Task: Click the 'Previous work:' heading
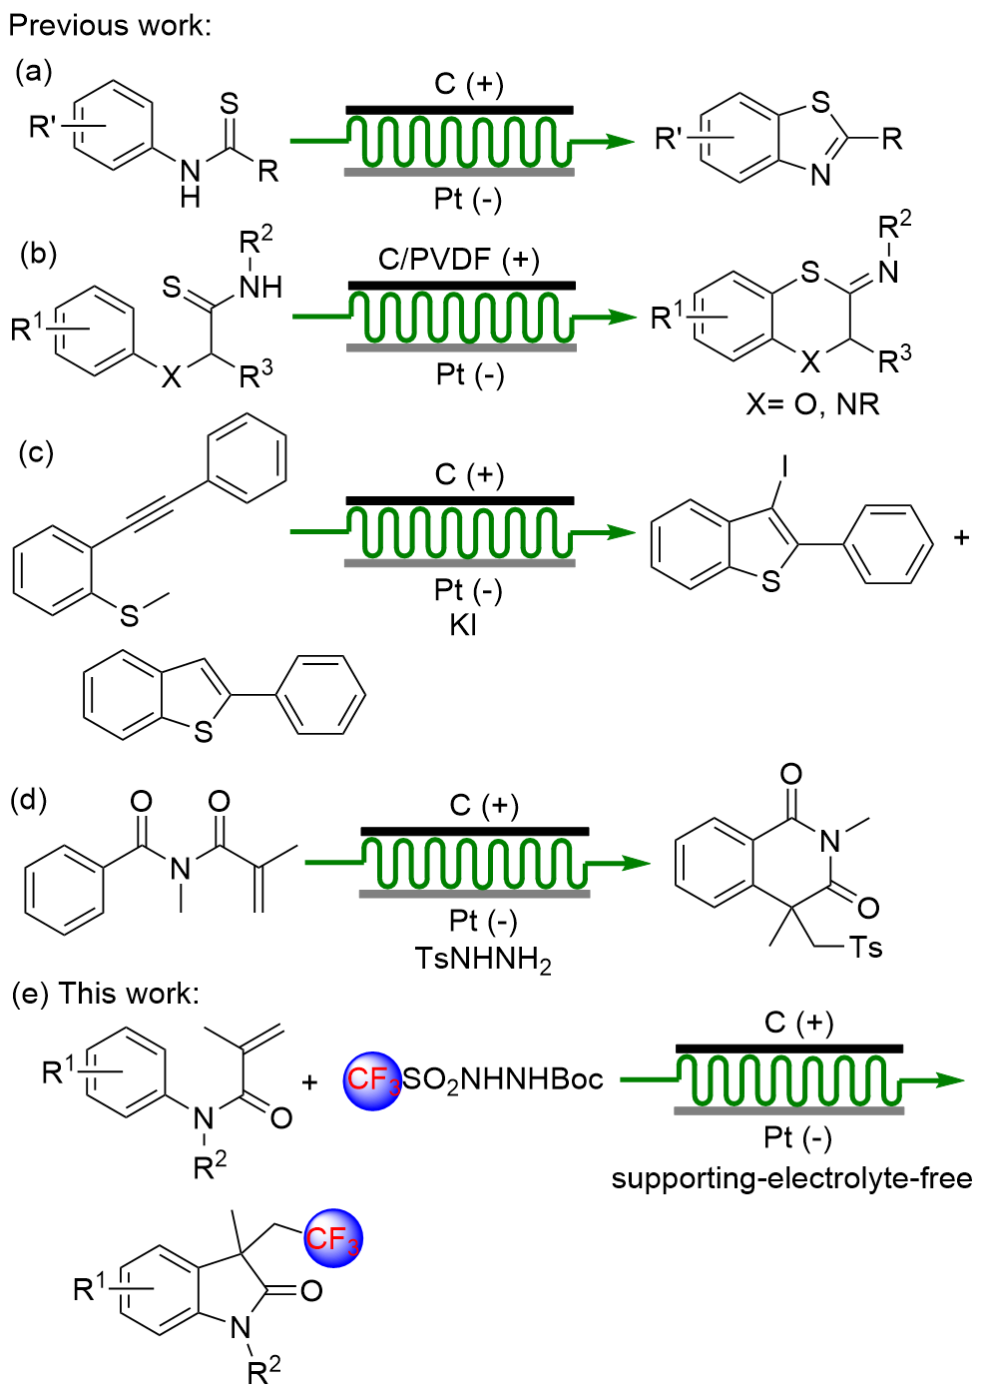(110, 24)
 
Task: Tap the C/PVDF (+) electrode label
(458, 260)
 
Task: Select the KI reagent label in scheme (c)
(462, 625)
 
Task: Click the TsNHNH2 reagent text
(483, 960)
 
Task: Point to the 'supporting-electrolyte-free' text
(791, 1178)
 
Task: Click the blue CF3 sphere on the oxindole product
(333, 1239)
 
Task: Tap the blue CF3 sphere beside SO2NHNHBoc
(372, 1079)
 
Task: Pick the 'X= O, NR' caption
(812, 403)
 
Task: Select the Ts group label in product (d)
(866, 947)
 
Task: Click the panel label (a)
(34, 71)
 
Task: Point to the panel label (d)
(29, 800)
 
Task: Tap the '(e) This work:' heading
(105, 994)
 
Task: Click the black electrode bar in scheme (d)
(474, 831)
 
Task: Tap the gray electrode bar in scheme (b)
(462, 348)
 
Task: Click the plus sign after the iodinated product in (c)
(961, 537)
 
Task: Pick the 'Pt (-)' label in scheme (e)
(797, 1137)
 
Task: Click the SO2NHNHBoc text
(503, 1079)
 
